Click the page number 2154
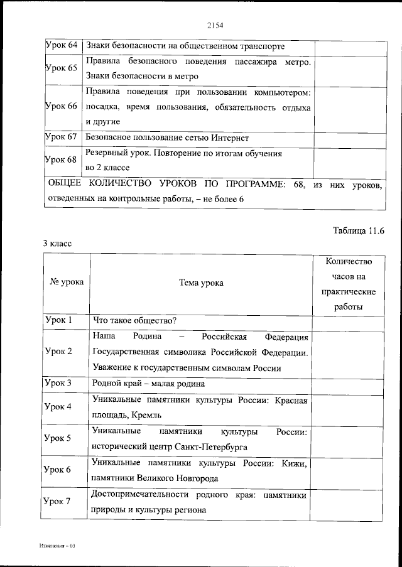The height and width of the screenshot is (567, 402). tap(215, 26)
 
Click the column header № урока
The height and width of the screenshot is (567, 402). tap(66, 283)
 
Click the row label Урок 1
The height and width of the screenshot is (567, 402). tap(59, 320)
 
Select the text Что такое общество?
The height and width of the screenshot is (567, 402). tap(134, 320)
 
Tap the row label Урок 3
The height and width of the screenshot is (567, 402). tap(59, 382)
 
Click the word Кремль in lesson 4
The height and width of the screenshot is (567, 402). tap(147, 414)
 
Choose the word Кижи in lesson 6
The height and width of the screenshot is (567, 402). tap(294, 463)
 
